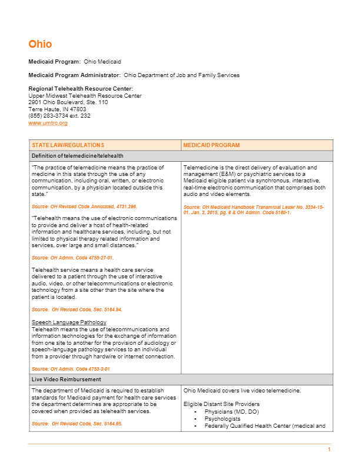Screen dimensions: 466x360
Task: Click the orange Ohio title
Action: pyautogui.click(x=40, y=44)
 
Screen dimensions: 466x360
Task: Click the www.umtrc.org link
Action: pyautogui.click(x=48, y=123)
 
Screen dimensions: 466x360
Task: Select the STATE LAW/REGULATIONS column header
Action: pyautogui.click(x=68, y=145)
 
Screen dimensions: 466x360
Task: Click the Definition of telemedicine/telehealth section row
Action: pyautogui.click(x=78, y=156)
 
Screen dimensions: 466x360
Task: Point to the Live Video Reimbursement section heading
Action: pyautogui.click(x=66, y=380)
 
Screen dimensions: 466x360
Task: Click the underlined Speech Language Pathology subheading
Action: pyautogui.click(x=69, y=322)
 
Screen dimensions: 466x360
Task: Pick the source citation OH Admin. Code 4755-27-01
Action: pyautogui.click(x=72, y=258)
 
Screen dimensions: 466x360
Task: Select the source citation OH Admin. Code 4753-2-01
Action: pyautogui.click(x=71, y=369)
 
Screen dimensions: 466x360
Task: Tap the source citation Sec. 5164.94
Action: pyautogui.click(x=76, y=309)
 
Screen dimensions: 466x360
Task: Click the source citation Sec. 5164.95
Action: pyautogui.click(x=76, y=424)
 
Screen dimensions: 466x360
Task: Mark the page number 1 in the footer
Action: pyautogui.click(x=329, y=450)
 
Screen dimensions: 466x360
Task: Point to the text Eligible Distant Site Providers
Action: pyautogui.click(x=221, y=404)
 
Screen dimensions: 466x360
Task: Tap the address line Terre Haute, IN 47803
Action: pyautogui.click(x=57, y=109)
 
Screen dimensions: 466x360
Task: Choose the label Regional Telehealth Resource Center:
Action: pyautogui.click(x=76, y=89)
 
